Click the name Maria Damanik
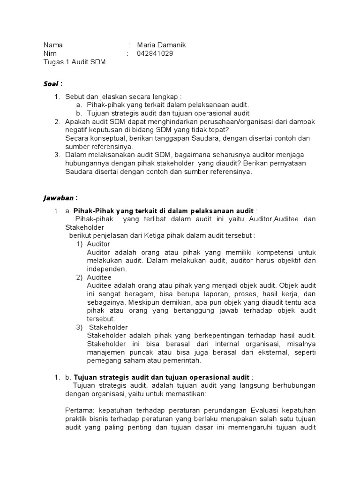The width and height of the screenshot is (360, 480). [161, 45]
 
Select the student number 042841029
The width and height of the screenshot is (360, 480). [155, 53]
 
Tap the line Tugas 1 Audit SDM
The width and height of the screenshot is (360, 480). [74, 62]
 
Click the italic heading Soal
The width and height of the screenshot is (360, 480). [51, 84]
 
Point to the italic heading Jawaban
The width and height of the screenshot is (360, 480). [58, 198]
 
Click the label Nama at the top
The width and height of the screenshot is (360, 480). [53, 45]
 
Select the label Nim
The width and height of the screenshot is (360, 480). [50, 53]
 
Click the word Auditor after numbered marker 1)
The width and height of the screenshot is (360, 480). [98, 244]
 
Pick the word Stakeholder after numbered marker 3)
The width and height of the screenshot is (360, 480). [108, 327]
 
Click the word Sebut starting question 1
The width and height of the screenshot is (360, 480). [75, 97]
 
